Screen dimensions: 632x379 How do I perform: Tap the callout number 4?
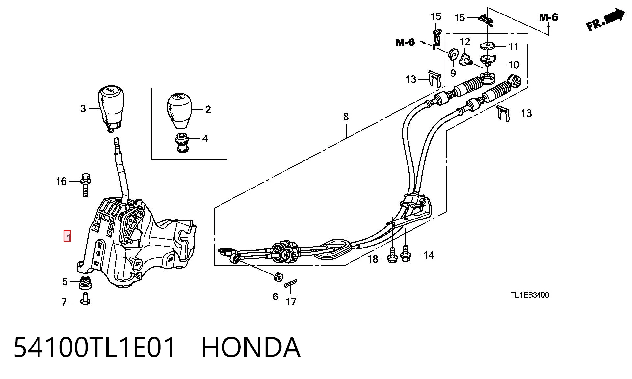[x=205, y=139]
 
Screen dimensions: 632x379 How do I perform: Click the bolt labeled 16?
[x=86, y=185]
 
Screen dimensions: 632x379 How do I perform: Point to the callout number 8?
[x=346, y=117]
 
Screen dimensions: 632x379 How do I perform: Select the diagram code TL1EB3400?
[x=530, y=295]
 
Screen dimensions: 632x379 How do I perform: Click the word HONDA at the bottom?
[x=251, y=347]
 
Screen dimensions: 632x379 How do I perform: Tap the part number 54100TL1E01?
[x=94, y=347]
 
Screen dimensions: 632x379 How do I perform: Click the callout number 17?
[x=291, y=301]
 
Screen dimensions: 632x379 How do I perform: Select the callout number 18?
[x=373, y=259]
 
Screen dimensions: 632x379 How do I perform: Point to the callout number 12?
[x=464, y=42]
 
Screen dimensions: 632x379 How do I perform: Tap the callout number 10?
[x=514, y=65]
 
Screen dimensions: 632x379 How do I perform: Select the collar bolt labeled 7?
[x=85, y=298]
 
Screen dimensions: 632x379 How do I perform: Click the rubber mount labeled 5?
[x=85, y=282]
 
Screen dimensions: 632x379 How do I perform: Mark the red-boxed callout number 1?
[x=67, y=236]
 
